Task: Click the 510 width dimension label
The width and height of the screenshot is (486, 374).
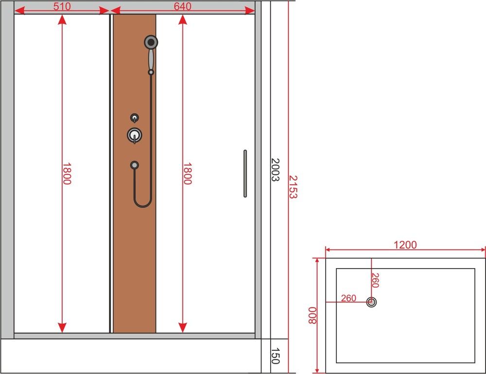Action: pos(62,6)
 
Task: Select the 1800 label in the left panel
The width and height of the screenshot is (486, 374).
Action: pos(67,173)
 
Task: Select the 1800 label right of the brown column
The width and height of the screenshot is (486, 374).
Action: pos(187,173)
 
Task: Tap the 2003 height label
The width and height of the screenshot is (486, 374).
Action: pos(275,170)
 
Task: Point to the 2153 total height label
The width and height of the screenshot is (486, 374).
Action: pos(293,187)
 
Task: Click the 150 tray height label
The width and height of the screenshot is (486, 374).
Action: pos(275,356)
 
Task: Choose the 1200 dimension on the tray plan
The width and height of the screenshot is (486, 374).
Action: pos(405,245)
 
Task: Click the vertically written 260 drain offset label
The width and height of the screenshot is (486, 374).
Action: pos(375,280)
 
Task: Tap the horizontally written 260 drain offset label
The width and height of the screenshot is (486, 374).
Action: pos(348,298)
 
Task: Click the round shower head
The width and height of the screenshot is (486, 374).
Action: pos(151,42)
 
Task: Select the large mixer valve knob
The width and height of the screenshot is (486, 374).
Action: pos(135,136)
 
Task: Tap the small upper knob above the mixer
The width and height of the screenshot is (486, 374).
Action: pos(135,118)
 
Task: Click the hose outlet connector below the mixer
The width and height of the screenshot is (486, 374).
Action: pos(135,165)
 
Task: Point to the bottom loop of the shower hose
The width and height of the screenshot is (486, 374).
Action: pos(142,206)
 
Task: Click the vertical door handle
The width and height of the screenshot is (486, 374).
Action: pos(245,173)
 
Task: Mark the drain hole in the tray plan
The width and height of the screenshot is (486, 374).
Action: pos(372,302)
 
